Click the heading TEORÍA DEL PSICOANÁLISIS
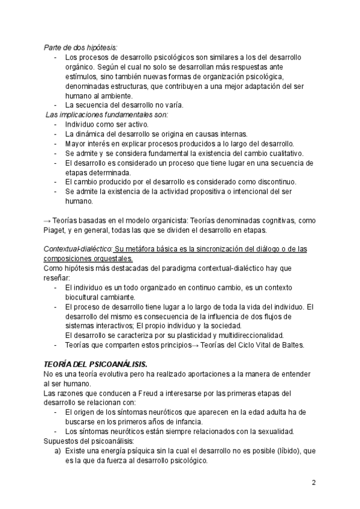coord(95,364)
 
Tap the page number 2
coord(314,482)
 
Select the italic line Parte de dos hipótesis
coord(81,47)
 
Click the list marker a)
coord(58,451)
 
